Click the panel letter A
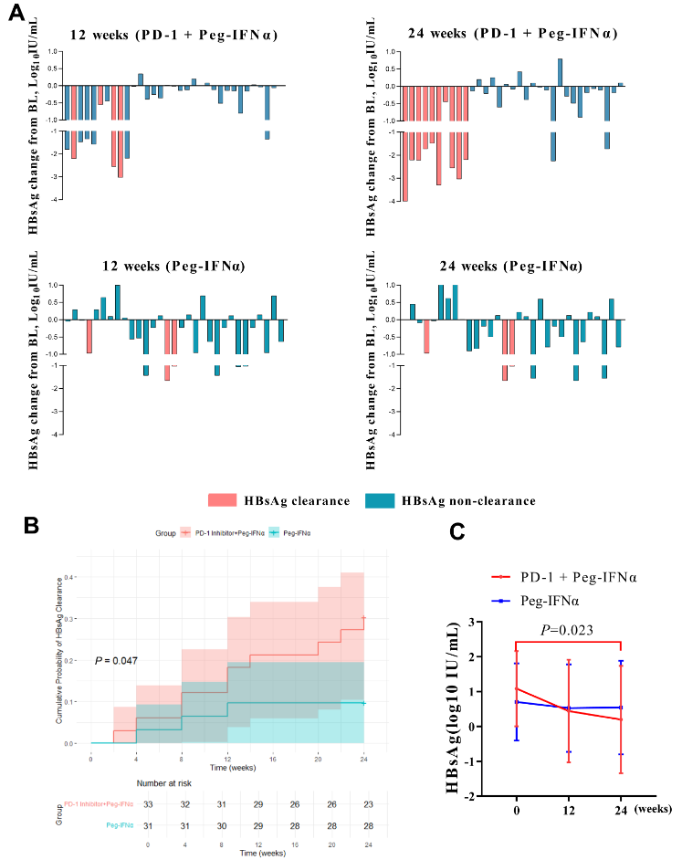pyautogui.click(x=16, y=16)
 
